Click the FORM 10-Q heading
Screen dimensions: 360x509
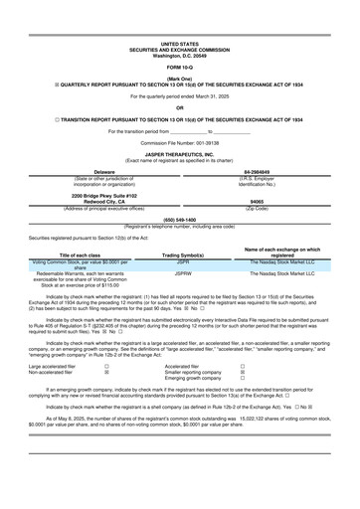click(179, 67)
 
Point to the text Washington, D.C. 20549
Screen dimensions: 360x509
click(179, 55)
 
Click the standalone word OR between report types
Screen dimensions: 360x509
click(179, 108)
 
